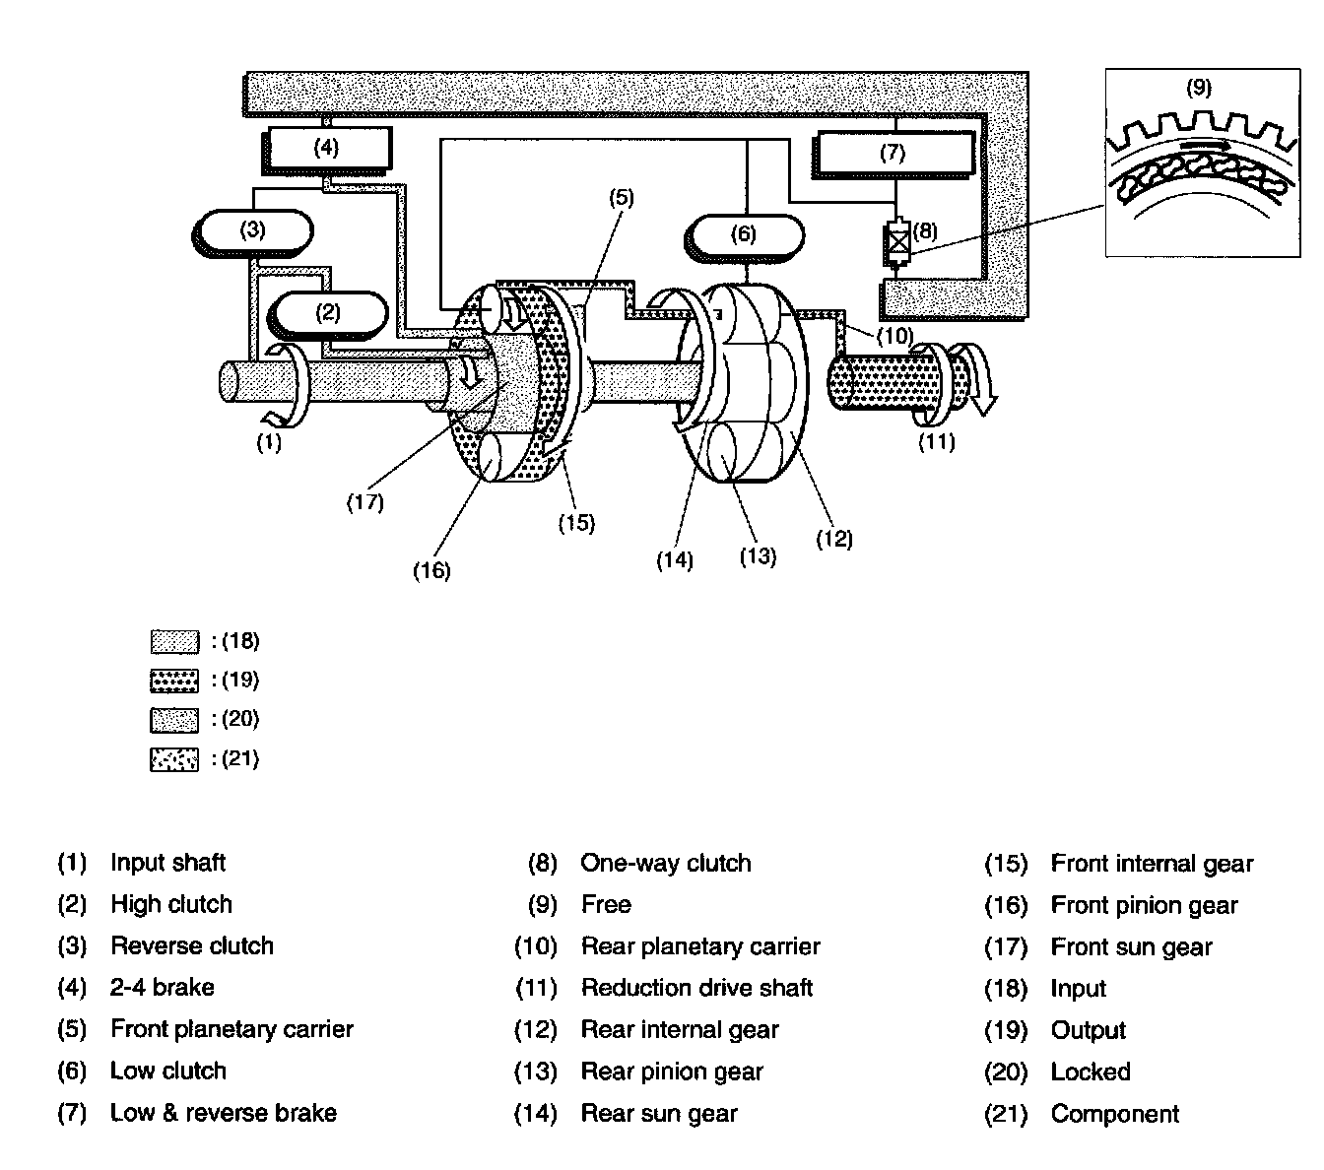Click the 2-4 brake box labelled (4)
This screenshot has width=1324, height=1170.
(326, 150)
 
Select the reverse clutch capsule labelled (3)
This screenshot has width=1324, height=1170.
(252, 231)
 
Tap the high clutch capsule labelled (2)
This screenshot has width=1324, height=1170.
(327, 315)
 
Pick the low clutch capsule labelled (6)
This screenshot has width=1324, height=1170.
(744, 236)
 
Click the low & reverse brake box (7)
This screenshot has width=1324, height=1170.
(893, 155)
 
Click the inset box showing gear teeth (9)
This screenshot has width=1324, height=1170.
(1203, 162)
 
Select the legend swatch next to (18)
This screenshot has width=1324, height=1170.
(174, 641)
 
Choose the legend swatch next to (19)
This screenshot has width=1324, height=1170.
(174, 681)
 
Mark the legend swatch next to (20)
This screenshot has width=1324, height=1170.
(174, 720)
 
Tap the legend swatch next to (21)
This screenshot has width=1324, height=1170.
(174, 759)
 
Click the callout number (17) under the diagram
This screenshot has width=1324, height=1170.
(365, 502)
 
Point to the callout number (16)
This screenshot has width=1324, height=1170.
(431, 571)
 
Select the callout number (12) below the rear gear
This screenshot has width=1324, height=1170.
(834, 539)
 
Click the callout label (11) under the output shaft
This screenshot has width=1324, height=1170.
(937, 442)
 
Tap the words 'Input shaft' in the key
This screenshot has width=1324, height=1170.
(167, 863)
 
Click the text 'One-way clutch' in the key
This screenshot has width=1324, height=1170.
(666, 863)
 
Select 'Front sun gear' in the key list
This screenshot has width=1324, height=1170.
(1131, 946)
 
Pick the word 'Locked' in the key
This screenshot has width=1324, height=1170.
(1091, 1072)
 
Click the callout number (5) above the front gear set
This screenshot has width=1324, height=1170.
(622, 197)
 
